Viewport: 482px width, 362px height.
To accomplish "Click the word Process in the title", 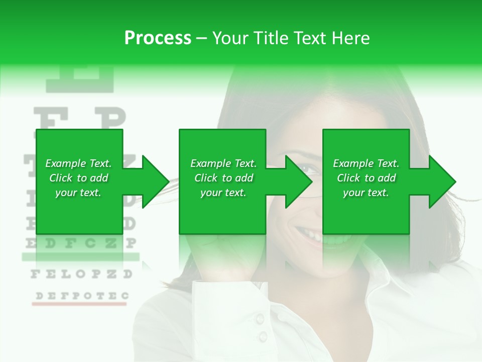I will [158, 38].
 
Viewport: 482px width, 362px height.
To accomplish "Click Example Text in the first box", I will [78, 163].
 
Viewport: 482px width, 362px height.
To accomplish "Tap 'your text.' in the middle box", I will [223, 193].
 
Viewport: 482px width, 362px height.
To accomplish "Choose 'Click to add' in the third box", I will [366, 178].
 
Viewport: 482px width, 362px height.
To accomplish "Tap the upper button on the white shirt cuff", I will [260, 318].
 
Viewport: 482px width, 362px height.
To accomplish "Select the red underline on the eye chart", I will [80, 304].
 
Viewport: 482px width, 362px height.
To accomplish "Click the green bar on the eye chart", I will [80, 257].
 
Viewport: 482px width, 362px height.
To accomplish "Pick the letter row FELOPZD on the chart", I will [81, 275].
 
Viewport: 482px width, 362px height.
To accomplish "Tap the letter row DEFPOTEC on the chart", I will [80, 296].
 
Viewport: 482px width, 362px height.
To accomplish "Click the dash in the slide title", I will [201, 38].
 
